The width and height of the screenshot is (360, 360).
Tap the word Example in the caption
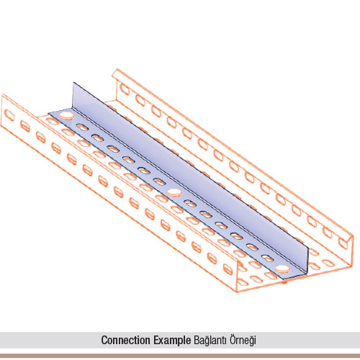pos(172,341)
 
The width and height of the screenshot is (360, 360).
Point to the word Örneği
pos(243,340)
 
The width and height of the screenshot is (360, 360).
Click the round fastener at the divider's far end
pos(67,115)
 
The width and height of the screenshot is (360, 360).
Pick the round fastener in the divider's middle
pos(175,192)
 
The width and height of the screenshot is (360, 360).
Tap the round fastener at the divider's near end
pos(282,269)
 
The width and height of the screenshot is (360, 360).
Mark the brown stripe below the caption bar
pos(180,356)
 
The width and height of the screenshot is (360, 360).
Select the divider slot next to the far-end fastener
pos(82,127)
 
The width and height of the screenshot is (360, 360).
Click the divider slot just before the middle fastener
pos(159,181)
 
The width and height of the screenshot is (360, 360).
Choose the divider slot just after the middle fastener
pos(190,204)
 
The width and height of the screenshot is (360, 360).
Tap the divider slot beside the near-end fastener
pos(267,258)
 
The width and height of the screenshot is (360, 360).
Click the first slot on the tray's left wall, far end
pos(9,115)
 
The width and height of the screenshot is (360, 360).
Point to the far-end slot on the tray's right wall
pos(125,89)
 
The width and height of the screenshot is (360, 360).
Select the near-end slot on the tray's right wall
pos(343,243)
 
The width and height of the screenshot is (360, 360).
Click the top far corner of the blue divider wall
pos(73,83)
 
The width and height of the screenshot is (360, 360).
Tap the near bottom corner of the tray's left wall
pos(236,292)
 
